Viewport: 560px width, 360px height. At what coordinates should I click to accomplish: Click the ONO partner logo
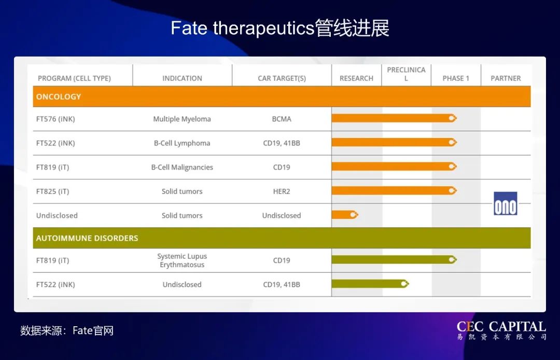(x=505, y=203)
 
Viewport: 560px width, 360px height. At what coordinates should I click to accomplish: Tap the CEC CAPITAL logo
(x=501, y=330)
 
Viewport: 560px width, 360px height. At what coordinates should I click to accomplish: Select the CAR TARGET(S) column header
(x=282, y=78)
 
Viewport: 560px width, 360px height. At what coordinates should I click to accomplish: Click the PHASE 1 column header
(x=456, y=78)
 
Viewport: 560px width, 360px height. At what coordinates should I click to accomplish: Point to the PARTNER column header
(x=506, y=78)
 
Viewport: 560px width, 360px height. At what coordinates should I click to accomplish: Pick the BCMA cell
(x=282, y=119)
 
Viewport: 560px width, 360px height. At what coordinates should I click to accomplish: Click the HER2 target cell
(x=282, y=191)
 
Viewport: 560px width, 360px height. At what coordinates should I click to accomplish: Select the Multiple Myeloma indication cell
(x=182, y=119)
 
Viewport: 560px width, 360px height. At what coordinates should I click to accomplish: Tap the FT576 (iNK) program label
(x=55, y=119)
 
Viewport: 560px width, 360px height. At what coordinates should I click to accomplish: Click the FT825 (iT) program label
(x=52, y=191)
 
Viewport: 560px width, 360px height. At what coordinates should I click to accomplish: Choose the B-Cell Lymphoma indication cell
(x=182, y=143)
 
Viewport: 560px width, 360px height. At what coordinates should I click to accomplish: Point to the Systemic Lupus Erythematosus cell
(x=182, y=260)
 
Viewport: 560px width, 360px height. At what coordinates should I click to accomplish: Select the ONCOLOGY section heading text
(x=59, y=96)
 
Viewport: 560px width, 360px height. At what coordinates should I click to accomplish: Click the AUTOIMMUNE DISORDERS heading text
(x=87, y=238)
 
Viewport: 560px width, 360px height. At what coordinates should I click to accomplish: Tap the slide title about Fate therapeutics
(x=280, y=28)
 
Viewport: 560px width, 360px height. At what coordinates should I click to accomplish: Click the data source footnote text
(x=67, y=330)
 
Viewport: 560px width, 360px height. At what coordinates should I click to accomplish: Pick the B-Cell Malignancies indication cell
(x=182, y=167)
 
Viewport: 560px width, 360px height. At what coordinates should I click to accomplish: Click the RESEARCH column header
(x=356, y=78)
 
